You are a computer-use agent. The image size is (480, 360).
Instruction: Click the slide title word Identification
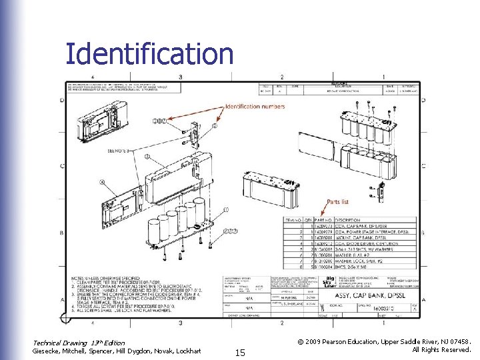click(149, 54)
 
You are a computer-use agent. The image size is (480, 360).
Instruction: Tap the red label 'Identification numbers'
click(255, 107)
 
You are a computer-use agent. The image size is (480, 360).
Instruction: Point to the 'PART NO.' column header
click(324, 219)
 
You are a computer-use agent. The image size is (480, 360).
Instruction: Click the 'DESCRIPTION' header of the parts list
click(348, 219)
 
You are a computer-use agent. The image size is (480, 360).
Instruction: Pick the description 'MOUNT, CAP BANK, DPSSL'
click(360, 236)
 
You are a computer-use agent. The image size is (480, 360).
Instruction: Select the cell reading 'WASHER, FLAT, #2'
click(353, 253)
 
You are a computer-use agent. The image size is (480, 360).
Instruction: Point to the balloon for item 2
click(215, 125)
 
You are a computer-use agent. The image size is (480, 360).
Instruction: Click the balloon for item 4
click(102, 181)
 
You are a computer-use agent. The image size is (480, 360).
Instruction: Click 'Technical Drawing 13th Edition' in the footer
click(79, 343)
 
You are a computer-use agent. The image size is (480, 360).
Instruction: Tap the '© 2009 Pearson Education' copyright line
click(385, 341)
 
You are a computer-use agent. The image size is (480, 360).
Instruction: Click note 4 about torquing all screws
click(117, 307)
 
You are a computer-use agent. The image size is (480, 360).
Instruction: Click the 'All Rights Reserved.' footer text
click(441, 350)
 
